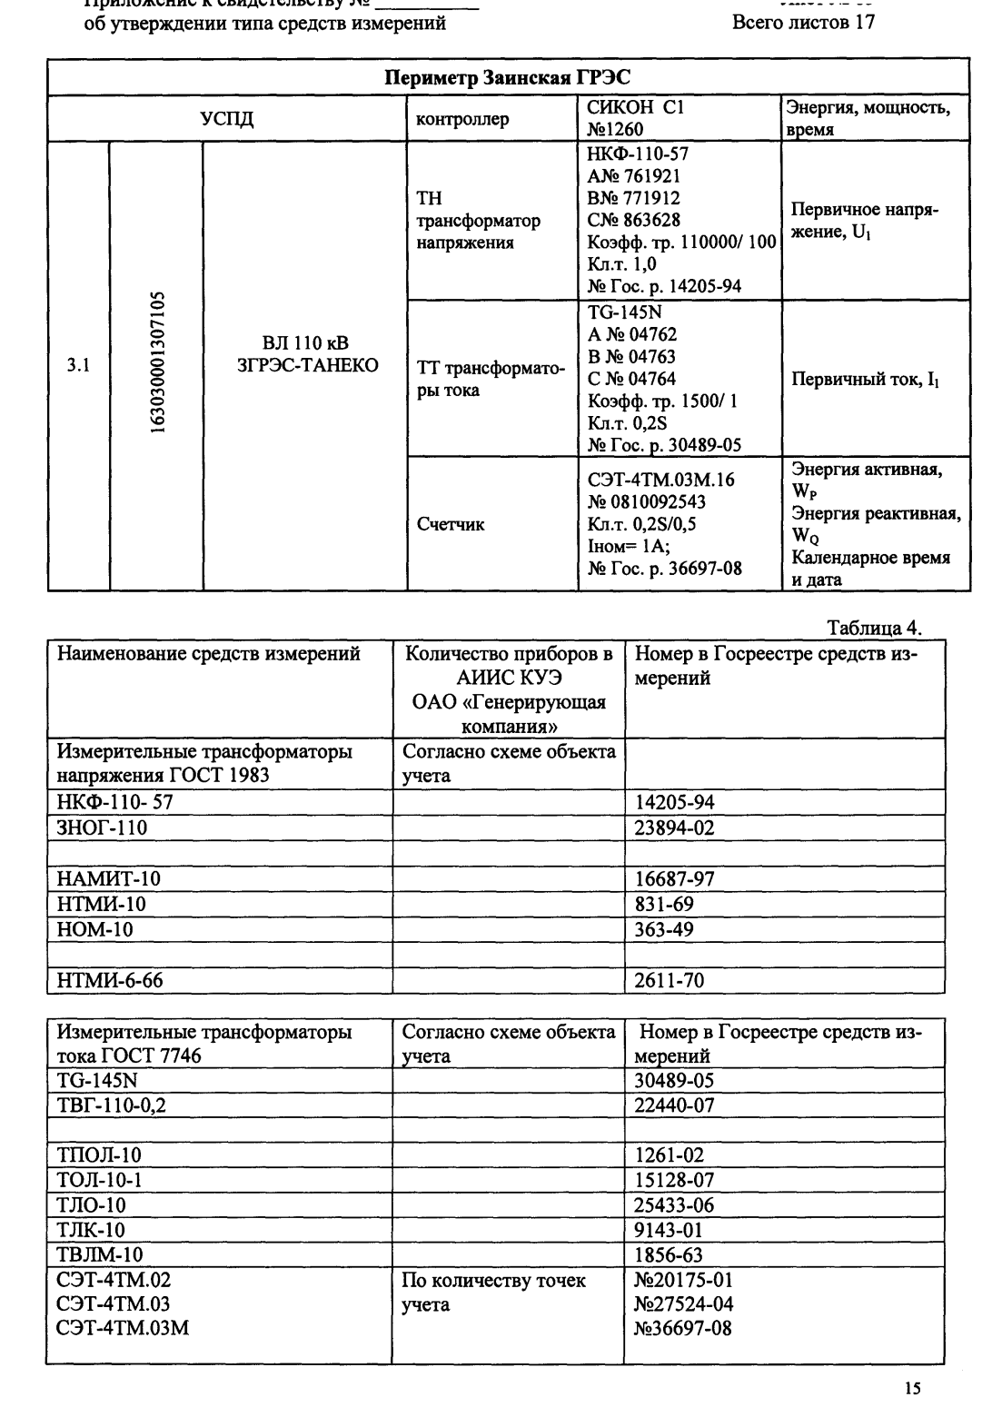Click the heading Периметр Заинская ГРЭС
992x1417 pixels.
pyautogui.click(x=515, y=75)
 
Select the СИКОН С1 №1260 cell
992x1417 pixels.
pyautogui.click(x=630, y=118)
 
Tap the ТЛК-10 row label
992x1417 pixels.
pyautogui.click(x=91, y=1230)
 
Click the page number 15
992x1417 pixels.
pyautogui.click(x=912, y=1387)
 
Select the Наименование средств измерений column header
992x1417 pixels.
pyautogui.click(x=209, y=654)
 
